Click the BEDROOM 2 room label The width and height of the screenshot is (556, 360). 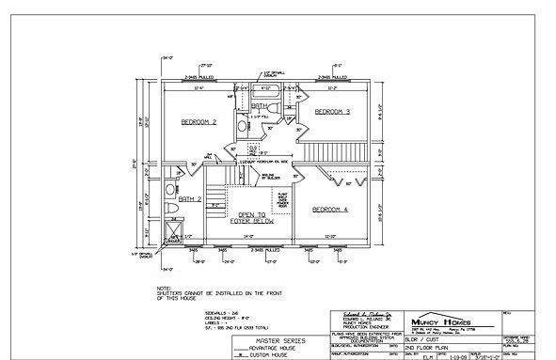tap(199, 122)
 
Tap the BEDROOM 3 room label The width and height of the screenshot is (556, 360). tap(332, 112)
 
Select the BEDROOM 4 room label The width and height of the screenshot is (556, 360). tap(331, 208)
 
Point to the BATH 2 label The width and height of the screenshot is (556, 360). tap(190, 199)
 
